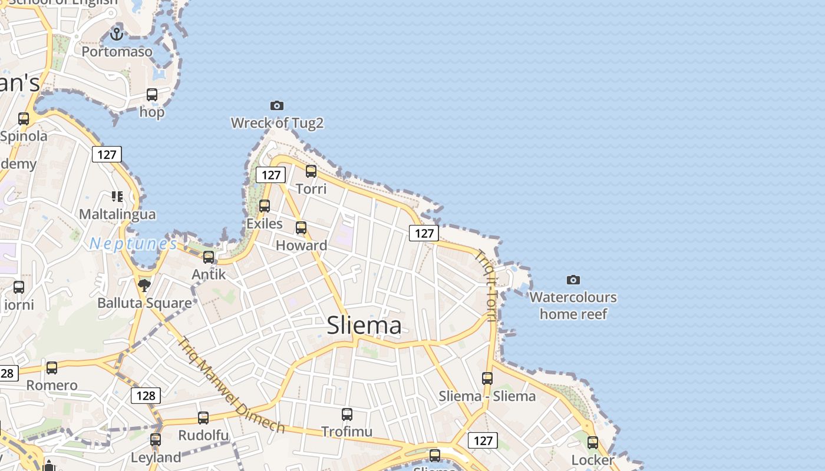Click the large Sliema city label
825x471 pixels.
364,325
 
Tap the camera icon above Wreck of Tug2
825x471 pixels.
277,106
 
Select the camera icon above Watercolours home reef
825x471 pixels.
573,280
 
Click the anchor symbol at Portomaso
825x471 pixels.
117,34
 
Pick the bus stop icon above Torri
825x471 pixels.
311,171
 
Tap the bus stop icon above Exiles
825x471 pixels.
265,206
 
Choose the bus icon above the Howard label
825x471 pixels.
301,228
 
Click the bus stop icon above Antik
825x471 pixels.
209,257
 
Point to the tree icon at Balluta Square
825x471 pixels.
144,286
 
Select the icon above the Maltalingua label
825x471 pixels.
117,196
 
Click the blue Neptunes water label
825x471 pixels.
133,244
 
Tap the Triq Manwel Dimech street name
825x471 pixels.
232,385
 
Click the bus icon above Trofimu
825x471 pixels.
347,414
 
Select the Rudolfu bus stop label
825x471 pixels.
203,435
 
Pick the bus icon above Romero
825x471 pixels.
52,368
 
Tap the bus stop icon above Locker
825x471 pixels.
593,443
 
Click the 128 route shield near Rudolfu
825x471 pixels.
146,396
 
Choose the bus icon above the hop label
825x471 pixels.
152,95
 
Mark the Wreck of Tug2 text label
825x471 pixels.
277,123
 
